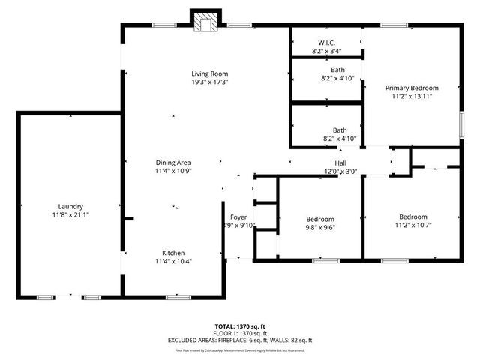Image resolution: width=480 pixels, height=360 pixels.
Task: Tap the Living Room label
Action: pyautogui.click(x=209, y=73)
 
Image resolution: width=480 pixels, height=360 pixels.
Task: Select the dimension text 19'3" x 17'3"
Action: pyautogui.click(x=209, y=82)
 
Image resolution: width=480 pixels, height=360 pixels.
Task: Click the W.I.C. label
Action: pyautogui.click(x=326, y=43)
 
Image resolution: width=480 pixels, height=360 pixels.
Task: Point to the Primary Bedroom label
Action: pyautogui.click(x=412, y=88)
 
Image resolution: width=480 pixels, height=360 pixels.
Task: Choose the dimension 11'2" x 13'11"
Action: pyautogui.click(x=412, y=97)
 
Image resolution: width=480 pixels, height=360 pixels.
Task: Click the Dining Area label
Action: pyautogui.click(x=173, y=163)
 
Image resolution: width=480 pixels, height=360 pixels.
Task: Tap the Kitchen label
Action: pyautogui.click(x=173, y=253)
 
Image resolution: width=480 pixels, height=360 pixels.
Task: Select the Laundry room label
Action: pyautogui.click(x=70, y=206)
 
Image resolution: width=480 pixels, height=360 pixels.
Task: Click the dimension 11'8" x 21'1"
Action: pyautogui.click(x=70, y=215)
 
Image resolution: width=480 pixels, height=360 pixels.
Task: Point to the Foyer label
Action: pyautogui.click(x=238, y=217)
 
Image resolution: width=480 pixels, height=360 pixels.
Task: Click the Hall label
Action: pyautogui.click(x=340, y=163)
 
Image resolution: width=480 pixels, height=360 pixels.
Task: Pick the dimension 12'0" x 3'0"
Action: pyautogui.click(x=340, y=172)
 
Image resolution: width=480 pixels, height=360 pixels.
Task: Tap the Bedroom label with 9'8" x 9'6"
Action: pyautogui.click(x=319, y=218)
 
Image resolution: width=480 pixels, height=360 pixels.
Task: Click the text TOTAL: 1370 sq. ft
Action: pyautogui.click(x=239, y=326)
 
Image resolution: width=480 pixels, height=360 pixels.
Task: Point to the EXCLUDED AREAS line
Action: pyautogui.click(x=239, y=340)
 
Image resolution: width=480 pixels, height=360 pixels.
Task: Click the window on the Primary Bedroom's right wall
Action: pyautogui.click(x=460, y=123)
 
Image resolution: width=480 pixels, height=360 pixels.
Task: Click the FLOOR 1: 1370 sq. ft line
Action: pyautogui.click(x=239, y=333)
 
